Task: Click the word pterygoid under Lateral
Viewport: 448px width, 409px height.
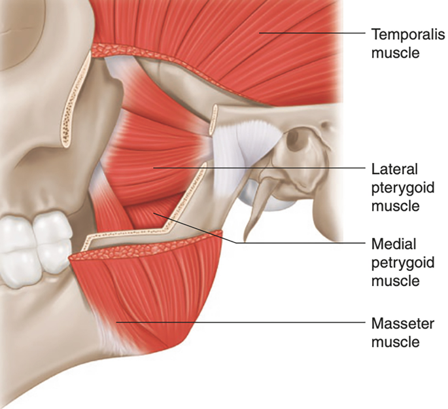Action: (400, 188)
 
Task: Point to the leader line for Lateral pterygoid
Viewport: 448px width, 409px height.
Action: (262, 168)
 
